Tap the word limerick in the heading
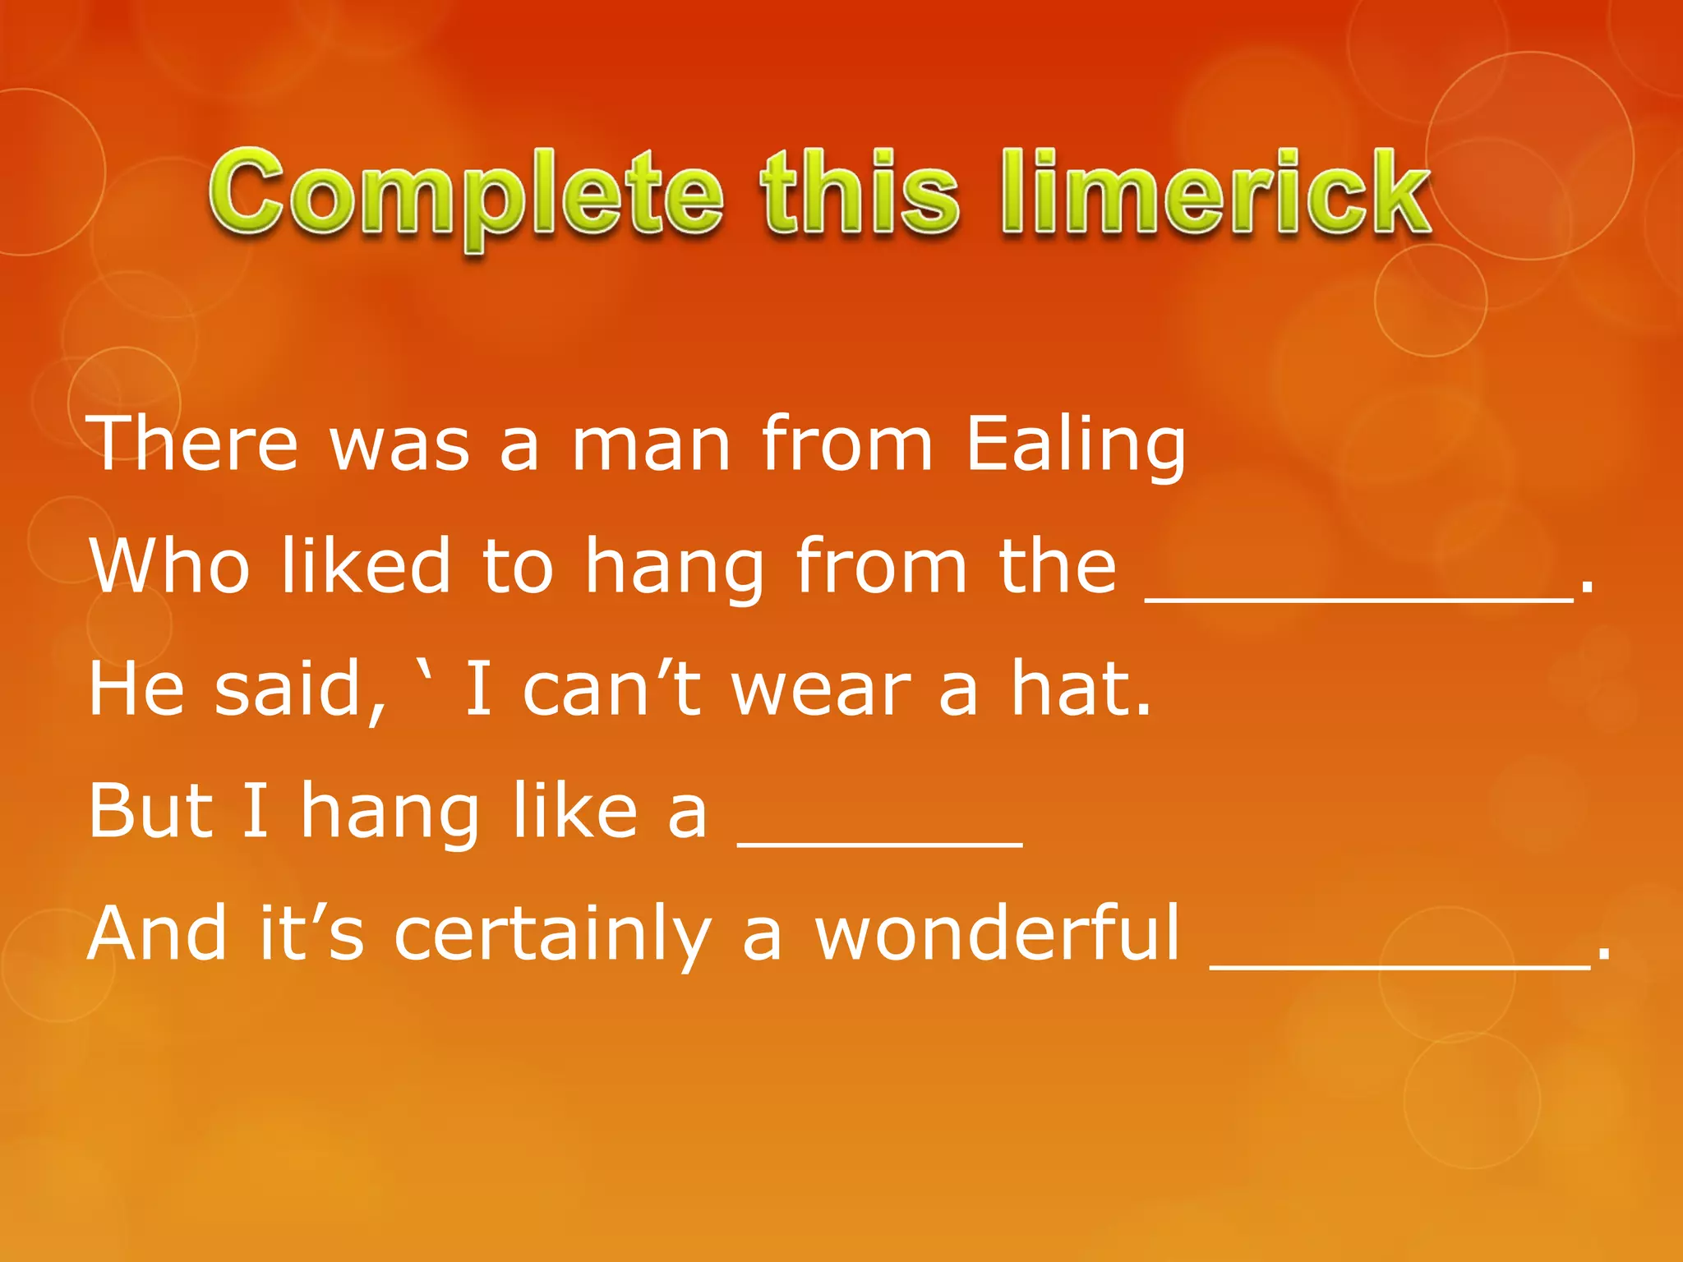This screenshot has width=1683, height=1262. coord(1215,194)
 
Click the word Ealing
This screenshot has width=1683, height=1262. coord(1075,446)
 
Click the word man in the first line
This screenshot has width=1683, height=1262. coord(651,446)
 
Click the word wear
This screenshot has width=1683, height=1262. coord(821,690)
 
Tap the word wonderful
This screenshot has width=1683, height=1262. coord(997,933)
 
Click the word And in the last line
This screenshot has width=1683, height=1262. coord(157,933)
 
